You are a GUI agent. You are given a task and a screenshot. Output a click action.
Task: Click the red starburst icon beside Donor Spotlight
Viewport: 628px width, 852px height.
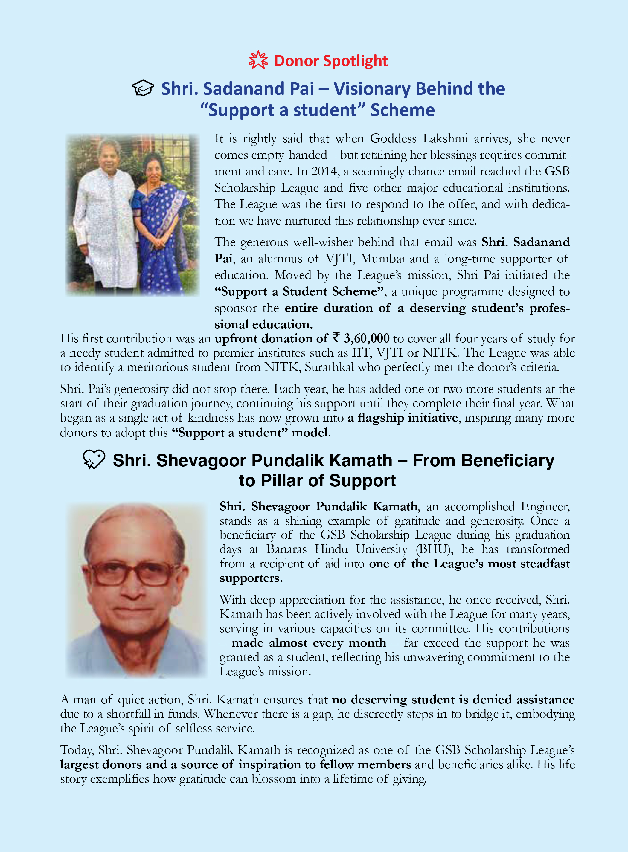tap(258, 60)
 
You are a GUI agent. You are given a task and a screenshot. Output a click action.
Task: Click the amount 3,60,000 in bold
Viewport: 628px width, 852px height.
tap(366, 338)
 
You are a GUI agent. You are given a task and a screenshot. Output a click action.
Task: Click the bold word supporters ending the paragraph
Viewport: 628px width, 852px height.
tap(251, 578)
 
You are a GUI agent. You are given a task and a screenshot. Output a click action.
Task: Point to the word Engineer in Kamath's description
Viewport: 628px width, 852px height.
tap(545, 506)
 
